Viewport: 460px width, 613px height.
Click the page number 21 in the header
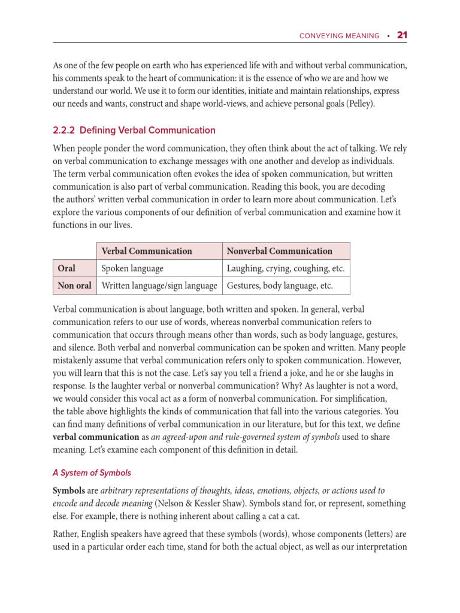tap(402, 35)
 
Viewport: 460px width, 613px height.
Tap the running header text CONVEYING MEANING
tap(339, 36)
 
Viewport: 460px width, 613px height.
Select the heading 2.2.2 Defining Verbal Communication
tap(134, 130)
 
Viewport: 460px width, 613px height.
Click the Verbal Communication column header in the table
tap(147, 251)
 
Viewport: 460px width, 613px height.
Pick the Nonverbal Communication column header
tap(279, 251)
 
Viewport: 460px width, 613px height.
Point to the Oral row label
tap(66, 269)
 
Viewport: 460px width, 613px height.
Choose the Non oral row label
tap(74, 286)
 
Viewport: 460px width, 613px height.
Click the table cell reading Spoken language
tap(132, 269)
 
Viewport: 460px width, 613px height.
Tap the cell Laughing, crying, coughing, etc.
tap(285, 269)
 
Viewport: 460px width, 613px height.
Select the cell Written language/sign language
tap(159, 286)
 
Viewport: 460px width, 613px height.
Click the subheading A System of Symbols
tap(92, 473)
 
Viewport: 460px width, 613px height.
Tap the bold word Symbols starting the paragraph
tap(69, 490)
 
